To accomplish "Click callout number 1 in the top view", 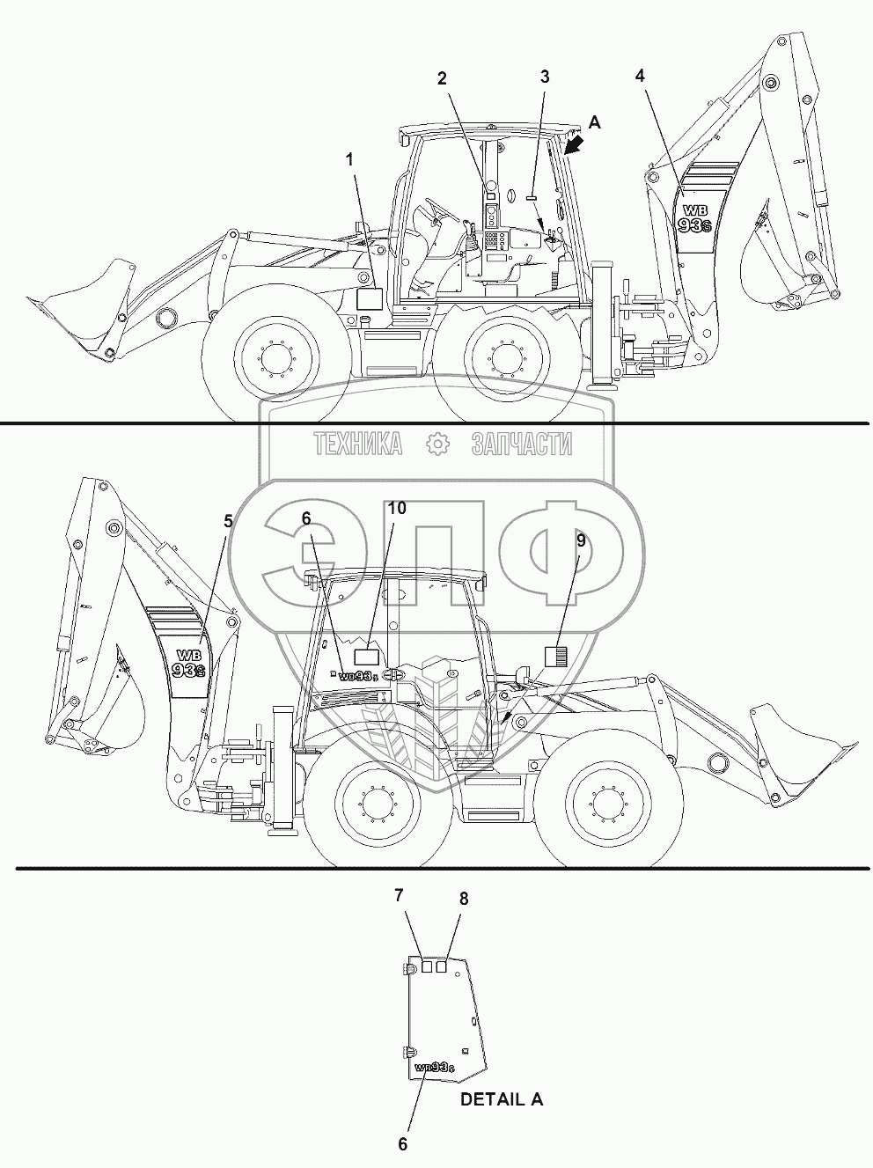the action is pos(349,160).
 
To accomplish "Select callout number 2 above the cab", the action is pos(442,78).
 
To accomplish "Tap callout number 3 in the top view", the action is pos(544,77).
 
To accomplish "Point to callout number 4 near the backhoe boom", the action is pos(640,76).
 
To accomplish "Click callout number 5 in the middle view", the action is pos(228,521).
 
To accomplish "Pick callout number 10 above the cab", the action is pos(396,509).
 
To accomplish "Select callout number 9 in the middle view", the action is pos(581,540).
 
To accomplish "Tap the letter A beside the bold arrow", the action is pos(595,123).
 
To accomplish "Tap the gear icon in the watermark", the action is pos(438,444).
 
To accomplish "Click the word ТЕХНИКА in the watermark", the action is pos(358,444).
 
